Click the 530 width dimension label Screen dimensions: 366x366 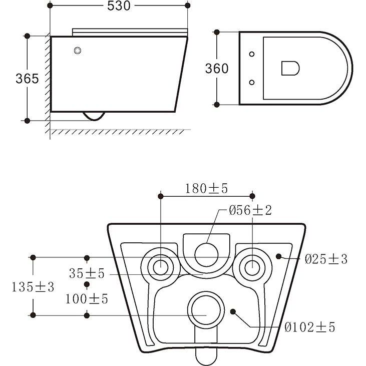point(119,6)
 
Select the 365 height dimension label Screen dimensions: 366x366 point(27,79)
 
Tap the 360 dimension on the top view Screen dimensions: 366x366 point(217,69)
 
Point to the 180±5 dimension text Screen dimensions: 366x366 point(206,189)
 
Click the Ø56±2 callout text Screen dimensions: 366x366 point(250,210)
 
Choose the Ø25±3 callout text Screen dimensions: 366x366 point(326,259)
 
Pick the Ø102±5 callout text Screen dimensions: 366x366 point(310,327)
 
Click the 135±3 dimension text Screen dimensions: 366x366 point(33,287)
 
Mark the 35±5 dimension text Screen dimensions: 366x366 point(87,273)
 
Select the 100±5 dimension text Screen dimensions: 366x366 point(87,299)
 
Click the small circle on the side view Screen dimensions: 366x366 point(78,51)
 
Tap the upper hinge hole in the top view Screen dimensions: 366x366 point(252,54)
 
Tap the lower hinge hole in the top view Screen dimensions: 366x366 point(252,83)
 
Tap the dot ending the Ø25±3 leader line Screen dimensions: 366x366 point(278,256)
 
